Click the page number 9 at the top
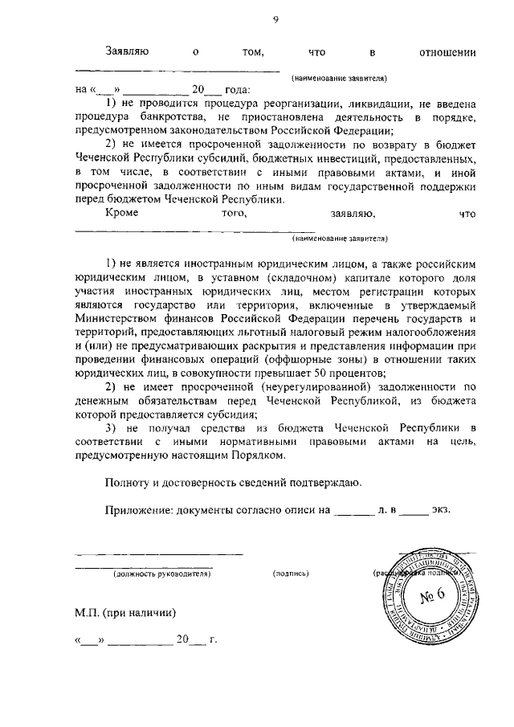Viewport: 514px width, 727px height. point(275,22)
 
